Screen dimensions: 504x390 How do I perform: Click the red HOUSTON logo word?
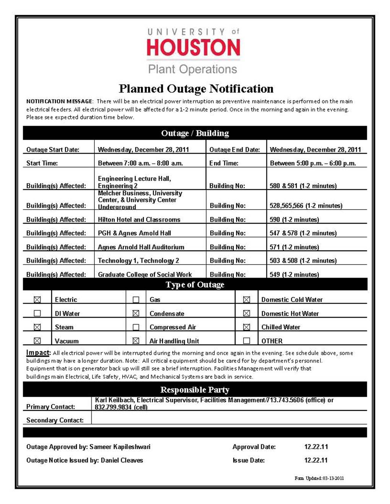click(x=193, y=47)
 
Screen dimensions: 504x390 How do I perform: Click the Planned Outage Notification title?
click(x=196, y=89)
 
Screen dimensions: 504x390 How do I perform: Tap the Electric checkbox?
click(x=37, y=300)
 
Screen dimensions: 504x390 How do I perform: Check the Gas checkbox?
click(x=136, y=300)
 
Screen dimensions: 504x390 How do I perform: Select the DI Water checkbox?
click(x=37, y=313)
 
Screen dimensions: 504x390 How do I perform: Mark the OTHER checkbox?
click(x=247, y=341)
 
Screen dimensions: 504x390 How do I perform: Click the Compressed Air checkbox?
click(x=136, y=327)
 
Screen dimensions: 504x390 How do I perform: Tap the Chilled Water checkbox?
click(x=247, y=327)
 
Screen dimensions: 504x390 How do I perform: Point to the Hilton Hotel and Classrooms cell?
click(x=139, y=220)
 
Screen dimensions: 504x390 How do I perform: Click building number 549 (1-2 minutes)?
click(x=294, y=274)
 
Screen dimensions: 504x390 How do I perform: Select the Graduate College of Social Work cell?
click(x=145, y=274)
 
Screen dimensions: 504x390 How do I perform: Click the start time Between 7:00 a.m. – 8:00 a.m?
click(x=140, y=163)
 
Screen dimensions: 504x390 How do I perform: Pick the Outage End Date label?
click(x=234, y=150)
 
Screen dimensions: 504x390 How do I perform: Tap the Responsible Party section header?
click(x=195, y=390)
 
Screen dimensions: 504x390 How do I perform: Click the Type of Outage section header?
click(x=195, y=284)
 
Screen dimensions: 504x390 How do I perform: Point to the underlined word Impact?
click(x=38, y=352)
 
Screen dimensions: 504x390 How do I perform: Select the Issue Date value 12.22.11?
click(x=316, y=460)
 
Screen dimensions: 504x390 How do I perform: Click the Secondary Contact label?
click(x=55, y=420)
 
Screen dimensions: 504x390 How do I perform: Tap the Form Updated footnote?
click(x=319, y=478)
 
